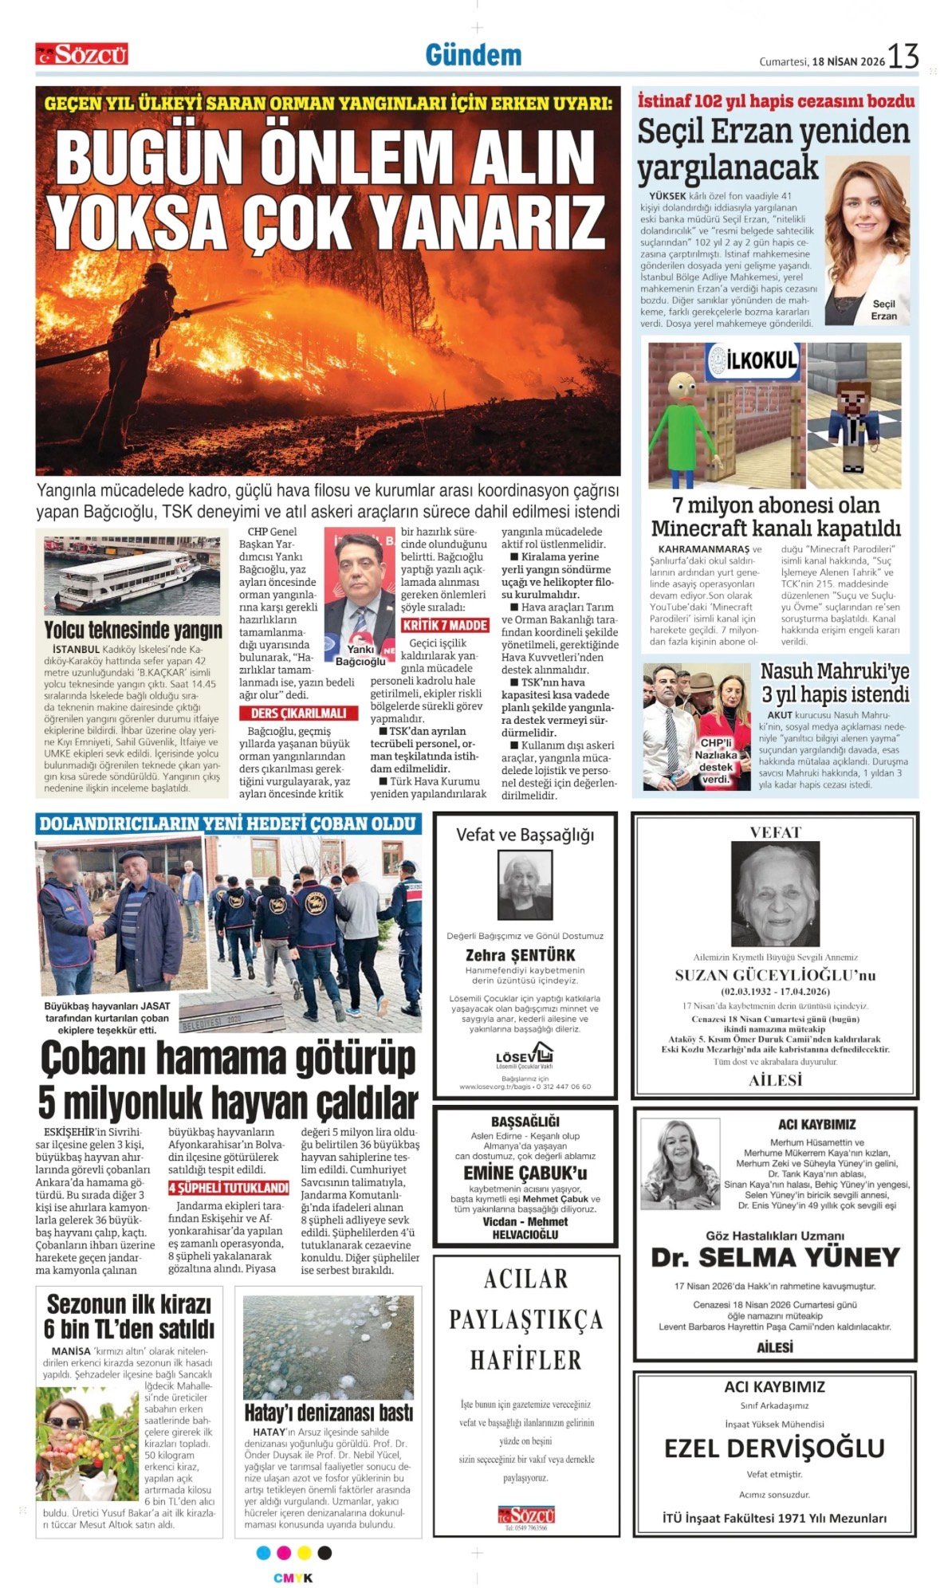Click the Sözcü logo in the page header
click(x=81, y=54)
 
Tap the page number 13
click(x=903, y=57)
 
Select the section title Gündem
click(x=474, y=54)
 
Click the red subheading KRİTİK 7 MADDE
click(x=445, y=625)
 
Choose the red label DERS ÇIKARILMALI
click(x=299, y=713)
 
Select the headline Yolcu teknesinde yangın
click(x=133, y=630)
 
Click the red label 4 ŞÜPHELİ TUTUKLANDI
click(x=229, y=1188)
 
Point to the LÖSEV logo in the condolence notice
click(x=525, y=1058)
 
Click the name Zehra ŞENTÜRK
click(x=520, y=955)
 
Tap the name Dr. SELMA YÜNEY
click(x=775, y=1257)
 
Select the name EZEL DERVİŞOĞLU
click(x=774, y=1447)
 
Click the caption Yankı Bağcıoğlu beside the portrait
click(x=360, y=655)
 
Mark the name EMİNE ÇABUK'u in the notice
click(x=525, y=1173)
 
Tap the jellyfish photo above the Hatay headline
click(x=328, y=1347)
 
